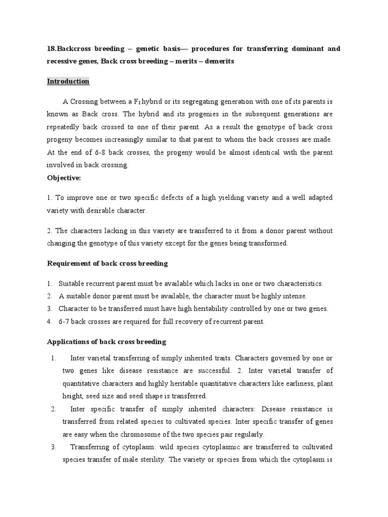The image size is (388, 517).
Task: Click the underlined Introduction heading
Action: click(68, 81)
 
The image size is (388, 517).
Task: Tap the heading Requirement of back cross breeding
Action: click(107, 263)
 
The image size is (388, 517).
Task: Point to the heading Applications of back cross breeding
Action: click(106, 342)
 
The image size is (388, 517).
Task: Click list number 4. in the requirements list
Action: click(50, 321)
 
